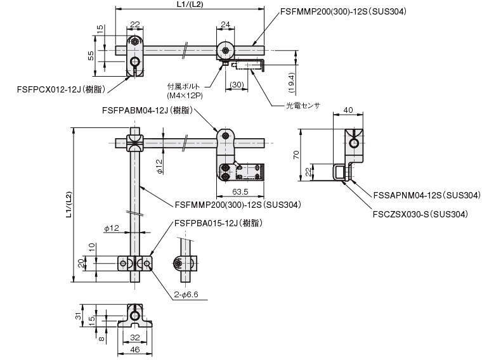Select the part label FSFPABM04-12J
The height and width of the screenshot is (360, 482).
coord(134,110)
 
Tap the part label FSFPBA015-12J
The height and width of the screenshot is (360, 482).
coord(206,223)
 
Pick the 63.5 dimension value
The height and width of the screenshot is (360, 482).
coord(240,191)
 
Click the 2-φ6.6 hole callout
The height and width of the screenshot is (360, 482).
coord(186,295)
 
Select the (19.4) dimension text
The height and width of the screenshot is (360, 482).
coord(291,82)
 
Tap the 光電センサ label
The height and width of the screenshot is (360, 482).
coord(303,105)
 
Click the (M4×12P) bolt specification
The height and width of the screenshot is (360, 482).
coord(185,96)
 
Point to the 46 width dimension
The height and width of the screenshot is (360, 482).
coord(135,349)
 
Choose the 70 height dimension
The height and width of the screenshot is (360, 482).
coord(296,155)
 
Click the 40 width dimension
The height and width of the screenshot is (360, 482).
coord(348,110)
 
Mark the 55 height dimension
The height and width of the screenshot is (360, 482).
coord(91,56)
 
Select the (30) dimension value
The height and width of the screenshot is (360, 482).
coord(237,84)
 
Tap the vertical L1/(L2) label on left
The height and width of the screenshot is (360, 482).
coord(68,205)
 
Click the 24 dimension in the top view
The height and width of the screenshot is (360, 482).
coord(225,24)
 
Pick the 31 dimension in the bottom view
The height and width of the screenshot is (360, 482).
coord(79,315)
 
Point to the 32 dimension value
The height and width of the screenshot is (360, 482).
coord(135,337)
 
